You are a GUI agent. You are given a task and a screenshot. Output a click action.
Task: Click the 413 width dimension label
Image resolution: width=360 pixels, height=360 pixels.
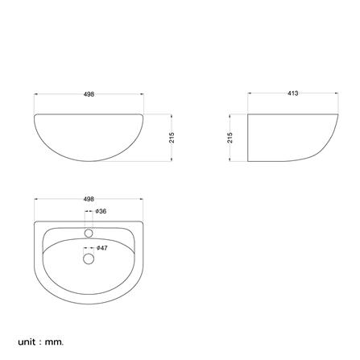(x=292, y=93)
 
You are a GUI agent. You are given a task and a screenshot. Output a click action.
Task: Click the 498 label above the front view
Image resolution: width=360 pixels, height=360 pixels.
(x=89, y=94)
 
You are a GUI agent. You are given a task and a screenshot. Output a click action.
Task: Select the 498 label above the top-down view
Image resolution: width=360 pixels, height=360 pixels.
(x=89, y=199)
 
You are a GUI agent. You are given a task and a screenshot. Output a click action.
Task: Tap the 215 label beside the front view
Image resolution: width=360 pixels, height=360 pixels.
(x=172, y=138)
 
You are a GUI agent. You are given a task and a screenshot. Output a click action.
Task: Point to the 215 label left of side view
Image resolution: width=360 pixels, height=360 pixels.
(x=230, y=138)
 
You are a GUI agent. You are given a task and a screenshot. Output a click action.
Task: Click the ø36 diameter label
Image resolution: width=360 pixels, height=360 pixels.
(x=101, y=211)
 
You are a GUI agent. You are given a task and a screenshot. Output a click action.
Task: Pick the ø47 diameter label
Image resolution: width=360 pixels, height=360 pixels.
(x=101, y=248)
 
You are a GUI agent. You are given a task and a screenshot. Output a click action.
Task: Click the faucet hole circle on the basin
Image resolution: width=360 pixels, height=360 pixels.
(x=89, y=233)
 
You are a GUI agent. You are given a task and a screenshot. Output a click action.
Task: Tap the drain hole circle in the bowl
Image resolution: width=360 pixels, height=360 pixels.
(x=89, y=259)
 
